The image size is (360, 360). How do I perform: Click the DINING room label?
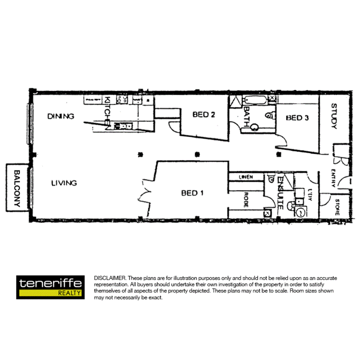point(61,116)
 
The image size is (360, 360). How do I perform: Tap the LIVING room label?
point(64,183)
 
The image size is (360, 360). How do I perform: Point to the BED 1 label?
point(192,193)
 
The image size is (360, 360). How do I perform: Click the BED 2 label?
point(204,115)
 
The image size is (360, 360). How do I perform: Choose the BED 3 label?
point(297,118)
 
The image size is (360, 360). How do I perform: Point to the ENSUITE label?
point(281,193)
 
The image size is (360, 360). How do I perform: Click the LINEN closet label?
point(246,177)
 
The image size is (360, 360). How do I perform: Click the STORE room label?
point(337,206)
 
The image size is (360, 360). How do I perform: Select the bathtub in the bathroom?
point(255,100)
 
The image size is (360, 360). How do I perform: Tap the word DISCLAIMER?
point(110,278)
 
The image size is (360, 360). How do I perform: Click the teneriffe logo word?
point(50,283)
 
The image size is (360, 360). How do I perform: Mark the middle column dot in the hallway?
point(197,155)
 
